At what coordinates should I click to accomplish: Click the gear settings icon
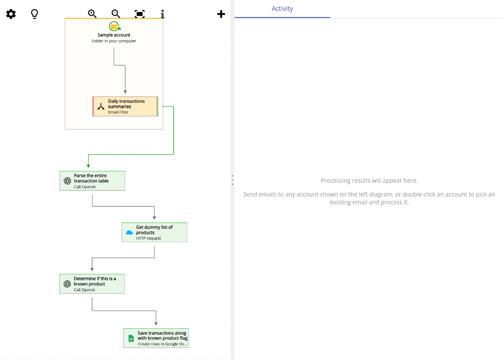[11, 14]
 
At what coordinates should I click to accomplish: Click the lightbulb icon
[35, 14]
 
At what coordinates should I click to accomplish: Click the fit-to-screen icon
[140, 14]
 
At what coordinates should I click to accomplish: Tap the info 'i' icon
[162, 14]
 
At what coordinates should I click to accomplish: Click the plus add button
[221, 14]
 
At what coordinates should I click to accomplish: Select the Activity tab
[282, 9]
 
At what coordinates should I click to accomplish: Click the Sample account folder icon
[114, 26]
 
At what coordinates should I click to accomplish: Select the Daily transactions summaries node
[125, 107]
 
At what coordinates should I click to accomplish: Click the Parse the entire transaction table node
[92, 181]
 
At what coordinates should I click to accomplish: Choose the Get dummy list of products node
[154, 232]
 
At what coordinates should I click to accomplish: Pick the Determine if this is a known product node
[92, 284]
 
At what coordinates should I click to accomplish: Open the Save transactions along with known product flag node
[156, 338]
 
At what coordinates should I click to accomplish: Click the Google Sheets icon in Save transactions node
[131, 338]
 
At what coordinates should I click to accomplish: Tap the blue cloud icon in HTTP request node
[129, 233]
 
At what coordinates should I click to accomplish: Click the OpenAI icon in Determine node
[67, 284]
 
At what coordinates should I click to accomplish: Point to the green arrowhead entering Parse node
[88, 166]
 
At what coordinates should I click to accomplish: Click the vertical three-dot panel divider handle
[232, 180]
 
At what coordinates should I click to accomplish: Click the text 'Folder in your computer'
[114, 41]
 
